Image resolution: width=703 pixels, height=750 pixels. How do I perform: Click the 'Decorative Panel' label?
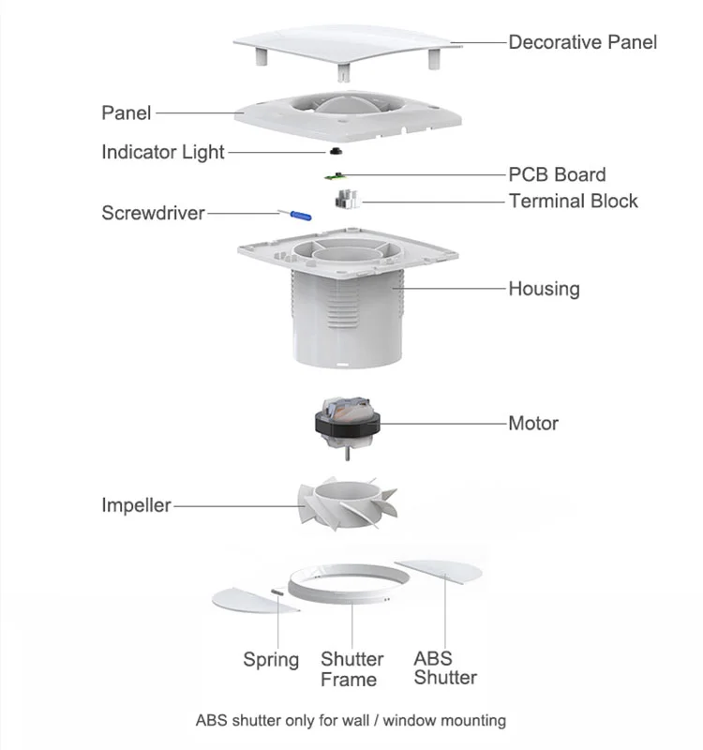[x=582, y=42]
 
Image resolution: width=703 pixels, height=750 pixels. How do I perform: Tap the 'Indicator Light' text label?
[x=162, y=152]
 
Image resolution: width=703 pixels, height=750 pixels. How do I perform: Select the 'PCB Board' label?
[x=557, y=174]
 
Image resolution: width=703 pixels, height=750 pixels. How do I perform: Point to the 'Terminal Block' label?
[x=573, y=201]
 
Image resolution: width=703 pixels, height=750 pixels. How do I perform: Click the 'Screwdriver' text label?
[x=153, y=213]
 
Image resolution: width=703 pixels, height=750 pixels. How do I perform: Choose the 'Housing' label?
[x=544, y=289]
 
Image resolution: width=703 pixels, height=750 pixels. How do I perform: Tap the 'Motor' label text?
[x=532, y=423]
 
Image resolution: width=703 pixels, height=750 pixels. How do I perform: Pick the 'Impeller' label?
[x=136, y=505]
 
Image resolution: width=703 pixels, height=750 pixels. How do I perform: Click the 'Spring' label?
[x=271, y=660]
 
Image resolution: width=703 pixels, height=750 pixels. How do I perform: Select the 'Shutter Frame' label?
[x=351, y=669]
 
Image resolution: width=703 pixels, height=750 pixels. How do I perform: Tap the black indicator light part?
[x=335, y=151]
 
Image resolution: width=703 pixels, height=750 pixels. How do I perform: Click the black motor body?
[x=349, y=426]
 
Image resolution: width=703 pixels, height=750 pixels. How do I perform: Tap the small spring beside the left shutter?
[x=278, y=592]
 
